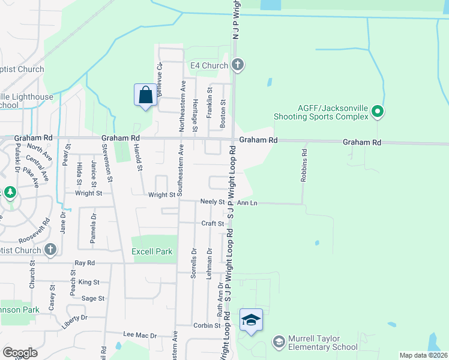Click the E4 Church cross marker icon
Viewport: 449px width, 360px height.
238,65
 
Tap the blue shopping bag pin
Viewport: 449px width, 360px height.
145,95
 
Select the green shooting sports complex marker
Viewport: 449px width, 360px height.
378,111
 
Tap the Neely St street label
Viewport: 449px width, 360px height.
212,203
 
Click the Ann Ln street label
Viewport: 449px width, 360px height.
247,203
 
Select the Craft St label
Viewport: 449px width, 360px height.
212,223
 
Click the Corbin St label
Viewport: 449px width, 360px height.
207,325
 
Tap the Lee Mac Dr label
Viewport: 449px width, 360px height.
139,335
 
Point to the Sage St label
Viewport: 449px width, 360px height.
93,298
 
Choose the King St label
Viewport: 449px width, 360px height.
88,282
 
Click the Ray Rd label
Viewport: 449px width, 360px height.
85,263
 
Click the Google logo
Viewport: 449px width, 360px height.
19,353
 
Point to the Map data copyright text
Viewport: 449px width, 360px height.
423,355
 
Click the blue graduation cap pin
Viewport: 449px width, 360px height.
252,320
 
